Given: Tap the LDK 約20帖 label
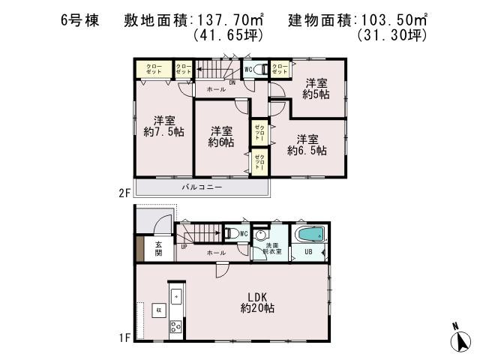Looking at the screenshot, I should (254, 301).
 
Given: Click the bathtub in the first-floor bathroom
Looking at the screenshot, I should (309, 235).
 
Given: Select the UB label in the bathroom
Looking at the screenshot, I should (307, 252).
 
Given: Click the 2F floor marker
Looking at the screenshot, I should (124, 193).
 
